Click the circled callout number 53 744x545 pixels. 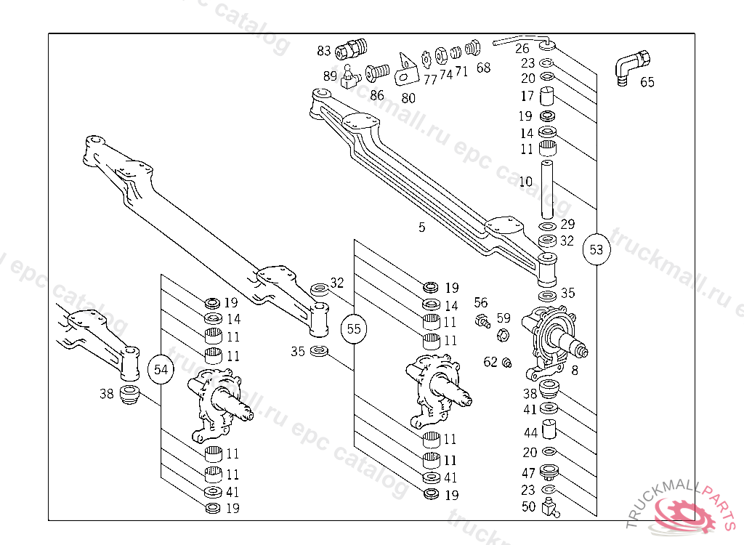(x=597, y=250)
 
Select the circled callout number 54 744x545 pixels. (x=161, y=370)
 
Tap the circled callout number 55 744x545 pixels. (x=354, y=328)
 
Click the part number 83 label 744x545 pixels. (x=324, y=51)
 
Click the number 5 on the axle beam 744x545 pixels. (x=422, y=227)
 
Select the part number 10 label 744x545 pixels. (x=526, y=181)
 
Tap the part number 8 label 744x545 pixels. (x=575, y=371)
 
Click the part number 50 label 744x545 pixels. (x=528, y=506)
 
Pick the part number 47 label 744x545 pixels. (x=528, y=473)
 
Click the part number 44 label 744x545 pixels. (x=530, y=433)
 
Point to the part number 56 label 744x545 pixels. (x=481, y=302)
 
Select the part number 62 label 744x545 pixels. (x=490, y=362)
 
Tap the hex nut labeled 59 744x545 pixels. (x=501, y=335)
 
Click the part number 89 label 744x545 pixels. (x=331, y=76)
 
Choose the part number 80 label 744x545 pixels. (x=408, y=98)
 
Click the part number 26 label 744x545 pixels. (x=522, y=49)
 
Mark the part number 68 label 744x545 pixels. (x=484, y=68)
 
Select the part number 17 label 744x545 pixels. (x=526, y=96)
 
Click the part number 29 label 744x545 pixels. (x=567, y=225)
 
